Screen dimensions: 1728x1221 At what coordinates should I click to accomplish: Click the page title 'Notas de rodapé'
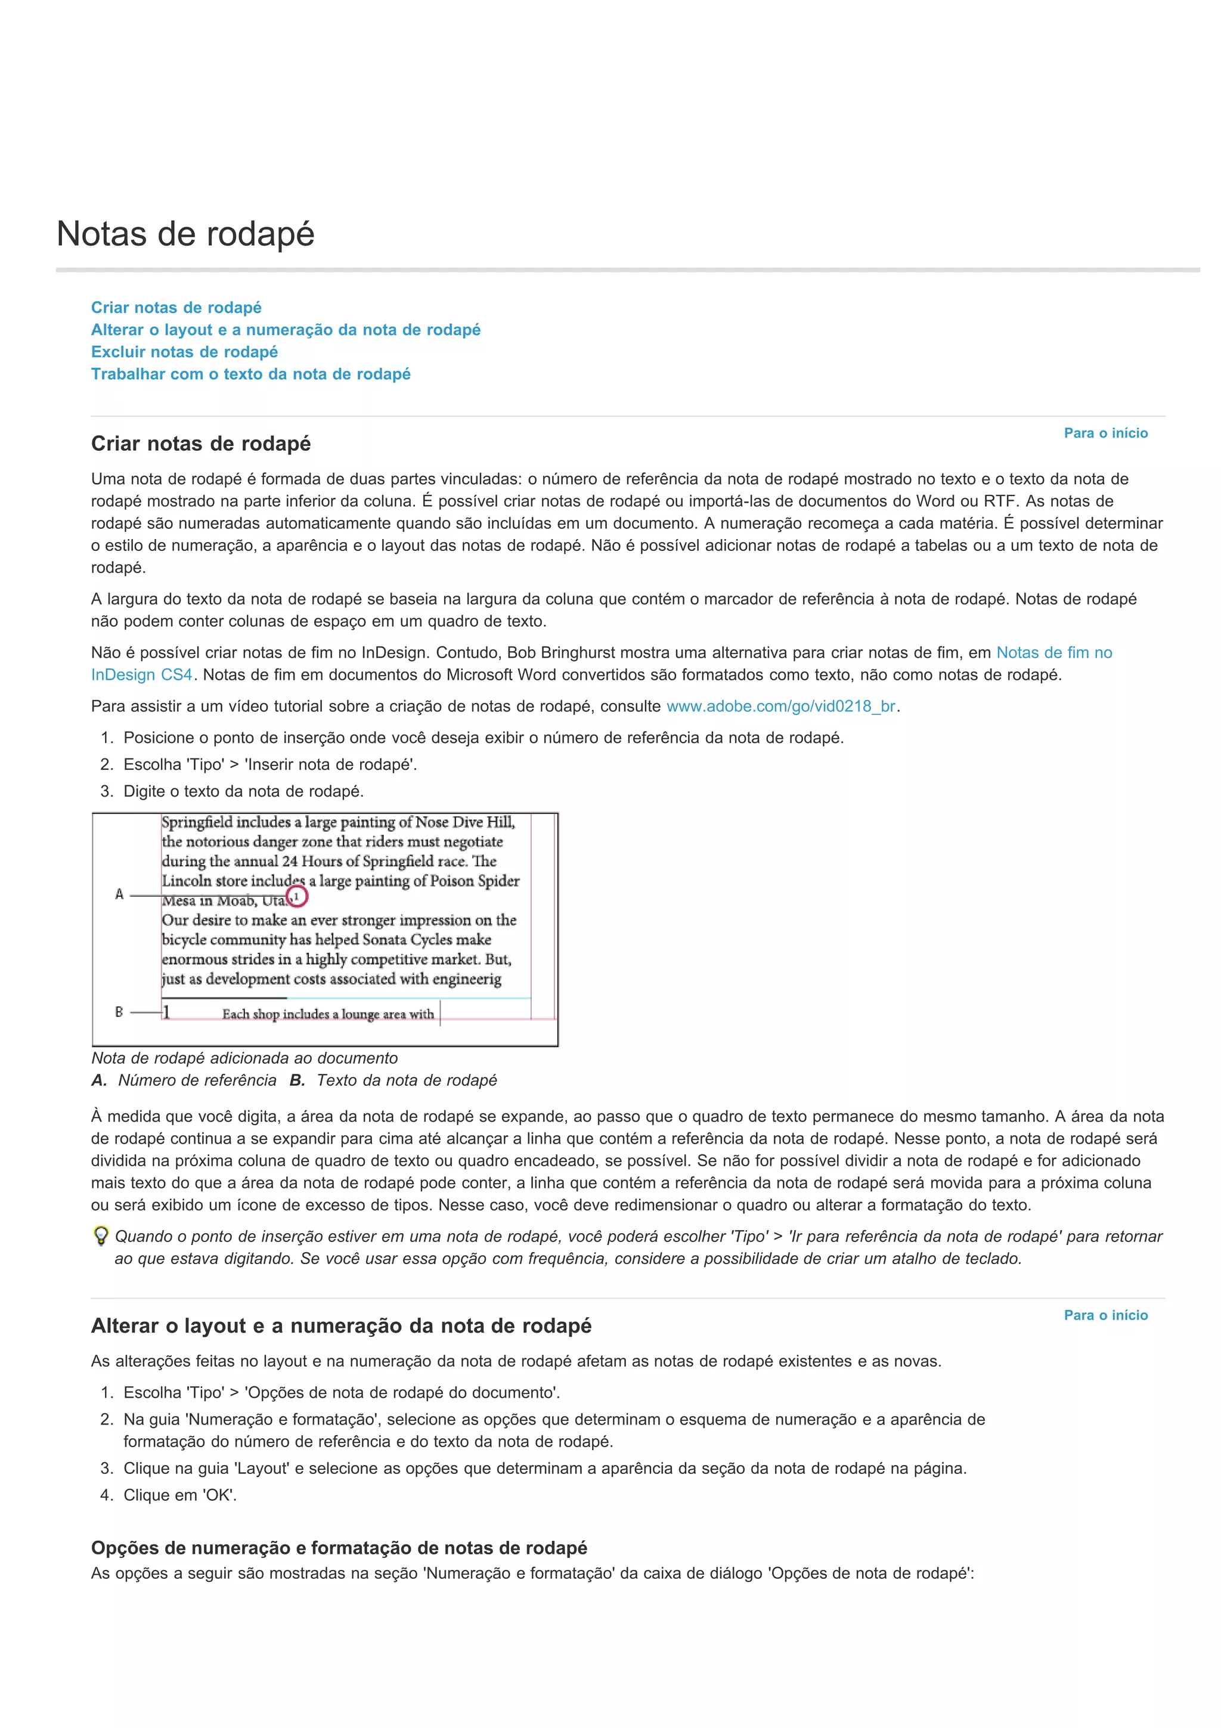[x=185, y=234]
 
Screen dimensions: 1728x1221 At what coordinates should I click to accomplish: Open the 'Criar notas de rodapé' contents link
[x=176, y=308]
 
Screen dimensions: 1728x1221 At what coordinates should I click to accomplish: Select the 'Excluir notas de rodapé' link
[x=184, y=352]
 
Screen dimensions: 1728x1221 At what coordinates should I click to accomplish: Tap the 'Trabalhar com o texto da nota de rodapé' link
[x=250, y=374]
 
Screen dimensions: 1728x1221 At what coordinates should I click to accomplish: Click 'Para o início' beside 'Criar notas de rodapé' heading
[x=1105, y=433]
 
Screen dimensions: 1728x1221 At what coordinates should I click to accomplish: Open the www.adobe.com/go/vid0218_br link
[x=781, y=707]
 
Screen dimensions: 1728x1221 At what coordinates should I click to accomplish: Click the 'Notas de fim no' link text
[x=1053, y=654]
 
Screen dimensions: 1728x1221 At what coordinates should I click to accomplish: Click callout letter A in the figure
[x=119, y=895]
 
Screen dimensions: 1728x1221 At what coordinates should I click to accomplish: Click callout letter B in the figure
[x=119, y=1012]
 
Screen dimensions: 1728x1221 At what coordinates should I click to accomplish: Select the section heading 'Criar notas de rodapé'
[x=201, y=444]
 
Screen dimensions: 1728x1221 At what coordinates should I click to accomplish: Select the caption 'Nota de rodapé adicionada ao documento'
[x=244, y=1058]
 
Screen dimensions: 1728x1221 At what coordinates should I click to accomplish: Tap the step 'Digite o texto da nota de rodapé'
[x=243, y=792]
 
